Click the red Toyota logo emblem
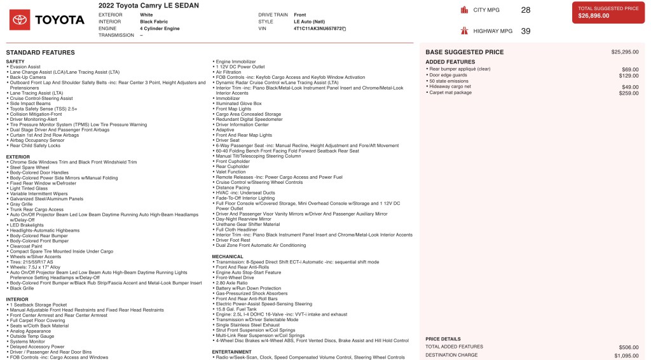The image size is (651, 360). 19,20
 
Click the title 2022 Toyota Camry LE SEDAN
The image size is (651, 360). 148,6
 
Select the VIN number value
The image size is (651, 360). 318,29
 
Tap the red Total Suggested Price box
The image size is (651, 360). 608,12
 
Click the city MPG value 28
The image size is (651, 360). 525,10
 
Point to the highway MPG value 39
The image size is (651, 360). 525,31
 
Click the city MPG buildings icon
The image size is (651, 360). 463,10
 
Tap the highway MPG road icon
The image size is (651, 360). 463,31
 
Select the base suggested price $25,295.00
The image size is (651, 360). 624,52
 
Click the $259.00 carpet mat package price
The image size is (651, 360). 629,93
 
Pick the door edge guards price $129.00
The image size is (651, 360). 629,75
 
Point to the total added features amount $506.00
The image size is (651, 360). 628,347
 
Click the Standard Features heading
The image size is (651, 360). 40,52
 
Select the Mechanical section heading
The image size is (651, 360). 228,256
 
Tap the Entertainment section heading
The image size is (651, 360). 232,352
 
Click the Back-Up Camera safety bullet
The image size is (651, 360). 29,77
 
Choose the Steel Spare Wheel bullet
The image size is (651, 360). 31,167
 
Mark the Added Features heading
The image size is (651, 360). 450,62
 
